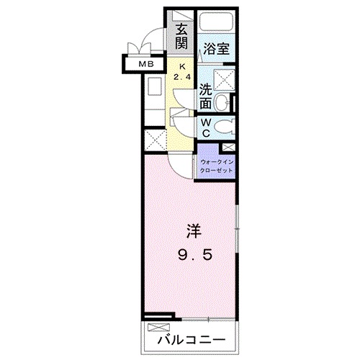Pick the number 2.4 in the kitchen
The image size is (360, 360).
182,78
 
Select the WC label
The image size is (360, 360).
205,128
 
